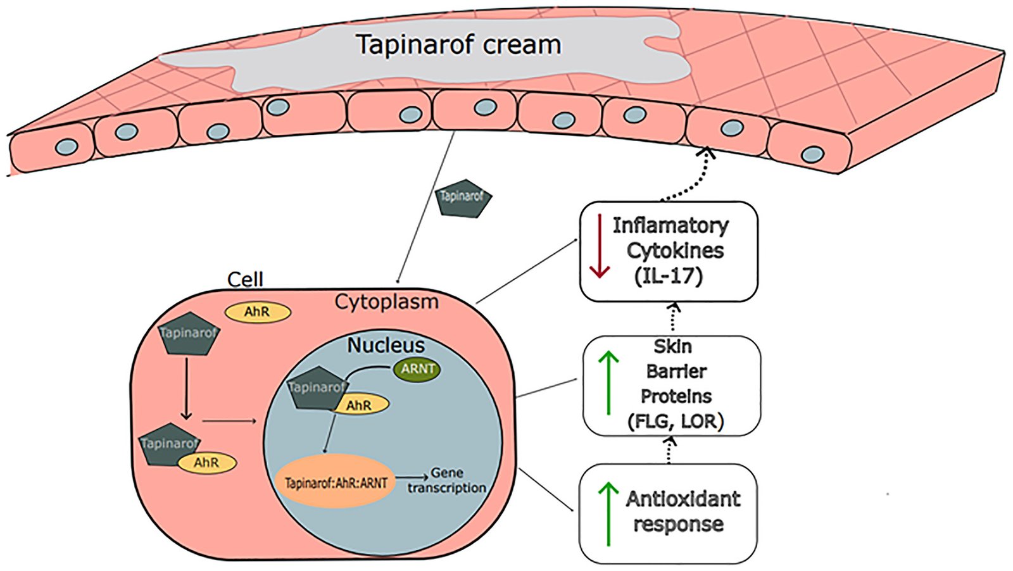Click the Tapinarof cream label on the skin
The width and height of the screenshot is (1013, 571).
point(458,45)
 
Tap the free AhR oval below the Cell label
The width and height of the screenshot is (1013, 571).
point(258,311)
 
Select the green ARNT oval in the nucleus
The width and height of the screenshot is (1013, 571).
point(417,369)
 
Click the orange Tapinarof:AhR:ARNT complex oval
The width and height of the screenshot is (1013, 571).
point(336,482)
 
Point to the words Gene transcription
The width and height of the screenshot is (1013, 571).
point(447,480)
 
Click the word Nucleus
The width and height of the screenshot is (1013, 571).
point(386,345)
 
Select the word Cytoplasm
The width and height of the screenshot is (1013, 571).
point(386,302)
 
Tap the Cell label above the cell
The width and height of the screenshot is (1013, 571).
point(245,279)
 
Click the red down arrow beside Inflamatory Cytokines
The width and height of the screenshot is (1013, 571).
point(599,247)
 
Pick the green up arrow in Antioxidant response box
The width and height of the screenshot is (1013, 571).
point(608,513)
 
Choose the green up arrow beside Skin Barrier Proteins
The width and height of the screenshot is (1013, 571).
point(608,383)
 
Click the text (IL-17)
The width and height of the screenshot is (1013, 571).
point(669,276)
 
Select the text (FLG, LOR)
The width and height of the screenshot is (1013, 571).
point(675,421)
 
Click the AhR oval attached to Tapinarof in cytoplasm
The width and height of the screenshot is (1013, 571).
point(206,463)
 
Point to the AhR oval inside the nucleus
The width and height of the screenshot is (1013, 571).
point(359,405)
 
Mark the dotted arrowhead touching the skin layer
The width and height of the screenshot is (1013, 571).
point(707,152)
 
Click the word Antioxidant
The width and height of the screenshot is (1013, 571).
point(683,499)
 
